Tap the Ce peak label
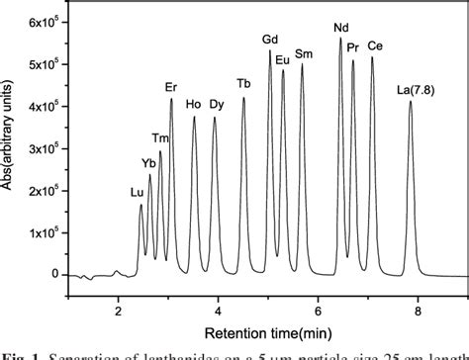tap(374, 46)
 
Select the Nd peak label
tap(341, 28)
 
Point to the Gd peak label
tap(270, 40)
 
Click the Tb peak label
tap(243, 83)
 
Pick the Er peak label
tap(171, 88)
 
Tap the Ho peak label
tap(194, 104)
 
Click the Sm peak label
tap(304, 53)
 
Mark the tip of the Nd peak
tap(340, 39)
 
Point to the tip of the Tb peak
tap(243, 97)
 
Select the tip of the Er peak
tap(171, 99)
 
